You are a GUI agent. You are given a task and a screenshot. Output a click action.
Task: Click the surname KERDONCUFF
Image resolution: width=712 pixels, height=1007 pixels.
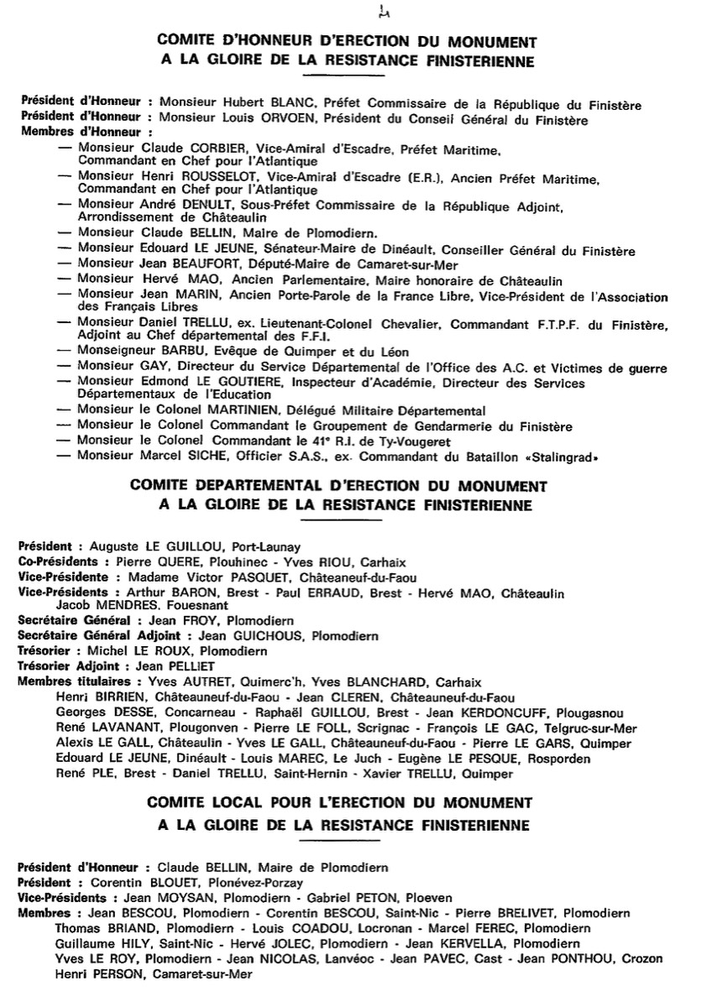(x=481, y=712)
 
